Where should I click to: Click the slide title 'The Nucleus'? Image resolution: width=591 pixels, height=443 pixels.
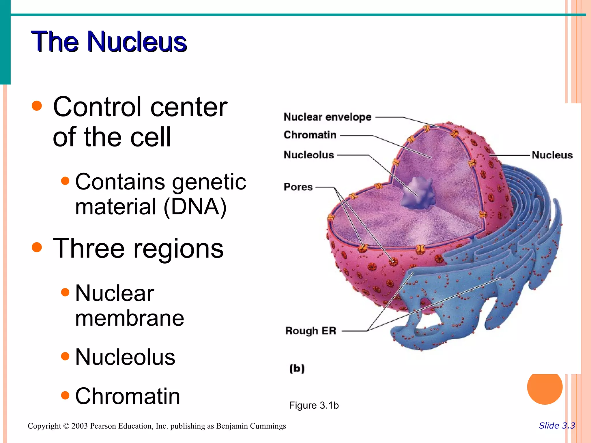click(x=109, y=42)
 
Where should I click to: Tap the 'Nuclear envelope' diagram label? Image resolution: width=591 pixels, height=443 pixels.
click(x=327, y=117)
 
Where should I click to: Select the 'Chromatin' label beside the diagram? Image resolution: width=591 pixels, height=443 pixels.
click(x=310, y=135)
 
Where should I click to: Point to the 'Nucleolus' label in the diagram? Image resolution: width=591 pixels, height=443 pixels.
click(x=308, y=155)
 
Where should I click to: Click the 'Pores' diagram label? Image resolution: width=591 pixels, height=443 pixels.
click(x=298, y=187)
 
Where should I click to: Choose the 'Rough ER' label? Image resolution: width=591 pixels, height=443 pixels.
click(x=311, y=331)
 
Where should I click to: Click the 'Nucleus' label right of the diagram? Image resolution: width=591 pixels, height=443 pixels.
click(x=552, y=155)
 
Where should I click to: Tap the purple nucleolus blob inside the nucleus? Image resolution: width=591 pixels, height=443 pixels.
click(x=418, y=193)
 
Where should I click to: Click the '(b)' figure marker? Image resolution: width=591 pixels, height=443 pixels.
click(x=297, y=369)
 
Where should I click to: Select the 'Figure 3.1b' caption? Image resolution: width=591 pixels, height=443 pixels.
click(x=314, y=405)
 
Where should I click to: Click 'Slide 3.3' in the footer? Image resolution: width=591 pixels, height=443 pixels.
click(x=557, y=426)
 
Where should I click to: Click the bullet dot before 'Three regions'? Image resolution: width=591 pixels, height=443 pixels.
click(x=37, y=247)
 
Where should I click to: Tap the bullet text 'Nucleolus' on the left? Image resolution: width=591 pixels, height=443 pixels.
click(x=125, y=357)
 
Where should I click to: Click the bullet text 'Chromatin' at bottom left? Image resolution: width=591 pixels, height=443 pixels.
click(x=128, y=396)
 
